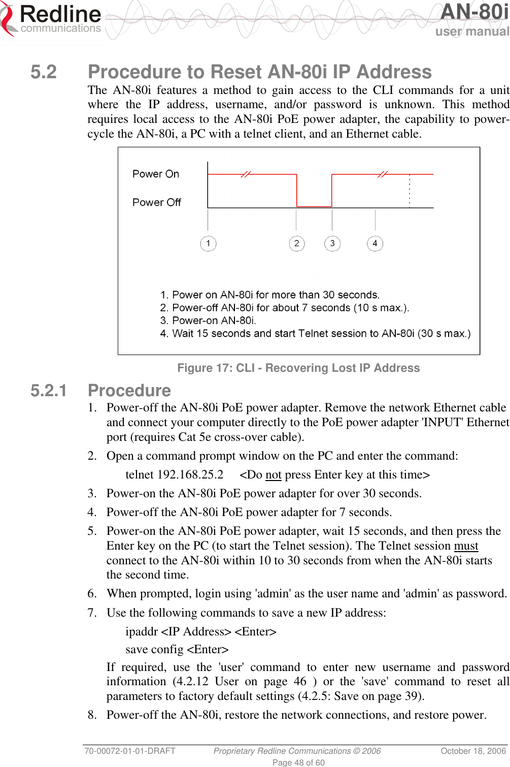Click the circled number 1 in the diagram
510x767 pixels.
point(208,243)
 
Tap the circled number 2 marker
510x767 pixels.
point(297,243)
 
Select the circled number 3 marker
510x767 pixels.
point(332,243)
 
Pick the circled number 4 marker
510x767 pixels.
point(375,243)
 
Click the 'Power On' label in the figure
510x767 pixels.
point(156,174)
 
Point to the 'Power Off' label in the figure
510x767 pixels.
point(157,203)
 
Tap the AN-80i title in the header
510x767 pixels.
point(474,12)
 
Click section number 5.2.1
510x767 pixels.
point(49,391)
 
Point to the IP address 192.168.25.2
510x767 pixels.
point(190,474)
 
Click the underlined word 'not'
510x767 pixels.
point(273,475)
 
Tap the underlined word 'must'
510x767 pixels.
point(466,546)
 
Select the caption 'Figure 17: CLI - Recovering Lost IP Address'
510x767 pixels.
point(298,368)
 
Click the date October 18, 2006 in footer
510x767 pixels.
point(473,751)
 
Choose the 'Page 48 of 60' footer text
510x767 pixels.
point(298,762)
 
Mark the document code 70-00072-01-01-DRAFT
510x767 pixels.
point(130,751)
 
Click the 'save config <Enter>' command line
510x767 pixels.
point(177,649)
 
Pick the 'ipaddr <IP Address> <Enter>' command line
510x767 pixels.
point(201,631)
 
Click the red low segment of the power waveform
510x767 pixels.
point(314,206)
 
